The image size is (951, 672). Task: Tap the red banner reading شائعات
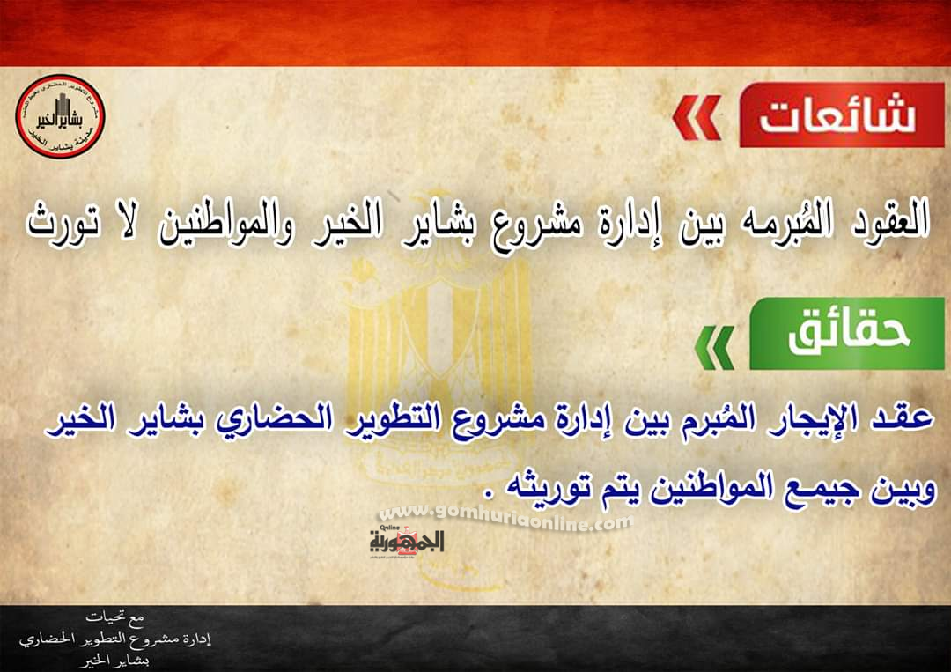point(841,115)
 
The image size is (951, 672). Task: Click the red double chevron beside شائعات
point(696,119)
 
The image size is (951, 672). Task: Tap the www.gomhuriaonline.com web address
point(505,520)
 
